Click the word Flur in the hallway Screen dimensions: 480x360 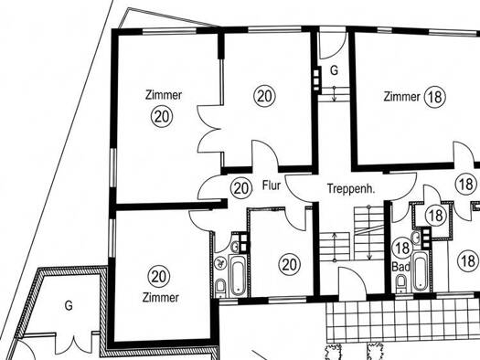pos(272,185)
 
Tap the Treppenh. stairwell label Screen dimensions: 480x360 pos(351,188)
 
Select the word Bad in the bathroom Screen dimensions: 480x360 pos(401,267)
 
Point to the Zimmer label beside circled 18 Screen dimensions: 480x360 pos(401,97)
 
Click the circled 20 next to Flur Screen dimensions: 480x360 pos(241,188)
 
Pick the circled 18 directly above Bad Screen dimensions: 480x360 pos(403,248)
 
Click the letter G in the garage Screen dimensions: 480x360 pos(69,305)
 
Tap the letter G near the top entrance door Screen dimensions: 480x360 pos(334,70)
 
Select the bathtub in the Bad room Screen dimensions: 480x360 pos(420,270)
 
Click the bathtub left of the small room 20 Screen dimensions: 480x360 pos(237,275)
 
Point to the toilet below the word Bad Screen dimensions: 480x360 pos(400,283)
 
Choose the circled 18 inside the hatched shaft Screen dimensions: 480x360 pos(436,216)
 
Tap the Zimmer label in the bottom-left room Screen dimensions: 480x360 pos(160,297)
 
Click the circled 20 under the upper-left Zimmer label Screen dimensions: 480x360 pos(162,117)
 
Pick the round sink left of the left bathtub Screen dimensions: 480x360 pos(219,263)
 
